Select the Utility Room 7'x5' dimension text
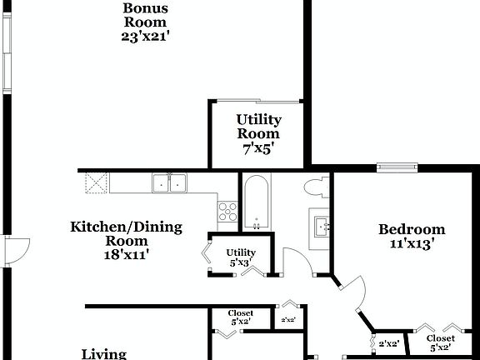(257, 152)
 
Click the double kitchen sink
(169, 183)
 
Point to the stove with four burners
(227, 212)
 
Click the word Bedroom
(412, 230)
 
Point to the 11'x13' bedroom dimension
(412, 245)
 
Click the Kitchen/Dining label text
(126, 227)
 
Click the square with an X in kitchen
(97, 182)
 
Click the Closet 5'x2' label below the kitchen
(241, 317)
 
